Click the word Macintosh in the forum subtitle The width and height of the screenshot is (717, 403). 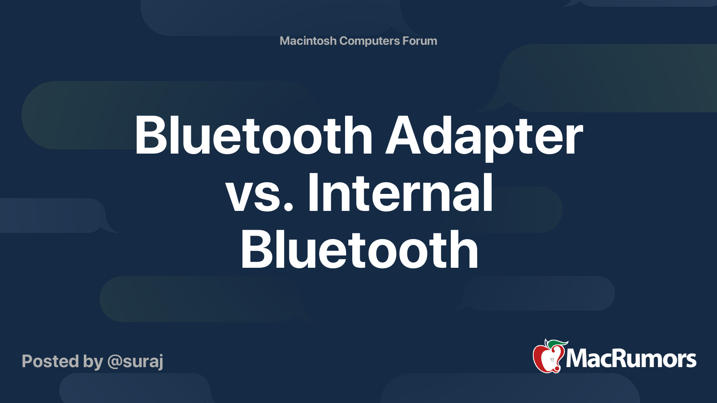(x=308, y=41)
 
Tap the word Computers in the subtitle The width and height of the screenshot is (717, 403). (x=369, y=41)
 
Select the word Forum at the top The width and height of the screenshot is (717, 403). (x=419, y=41)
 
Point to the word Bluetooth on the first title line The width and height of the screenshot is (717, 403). (x=254, y=136)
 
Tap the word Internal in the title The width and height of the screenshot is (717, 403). (x=400, y=193)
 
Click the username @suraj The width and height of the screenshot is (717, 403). (x=135, y=362)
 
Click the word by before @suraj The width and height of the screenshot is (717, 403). (x=93, y=362)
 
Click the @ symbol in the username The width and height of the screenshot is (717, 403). (x=115, y=362)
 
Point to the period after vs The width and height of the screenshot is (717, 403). (x=289, y=208)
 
